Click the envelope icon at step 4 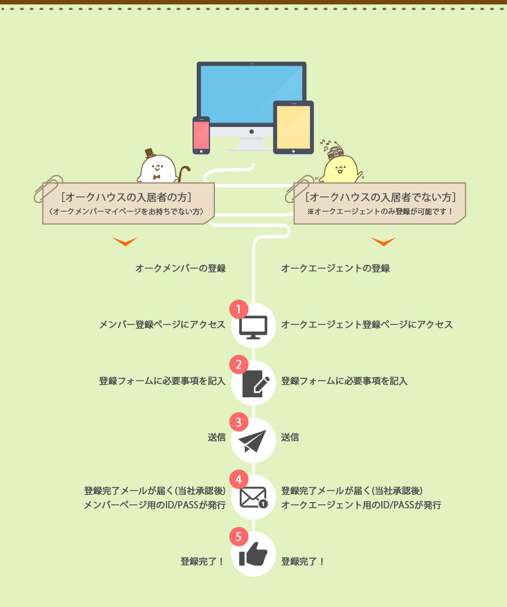pos(253,498)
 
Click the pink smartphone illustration pos(201,135)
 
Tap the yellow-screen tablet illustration pos(293,126)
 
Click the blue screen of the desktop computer pos(251,94)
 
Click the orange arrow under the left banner pos(125,242)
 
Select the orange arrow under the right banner pos(383,242)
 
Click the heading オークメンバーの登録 pos(181,269)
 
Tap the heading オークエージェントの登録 pos(336,269)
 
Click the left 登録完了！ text pos(202,562)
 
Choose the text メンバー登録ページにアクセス pos(162,324)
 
